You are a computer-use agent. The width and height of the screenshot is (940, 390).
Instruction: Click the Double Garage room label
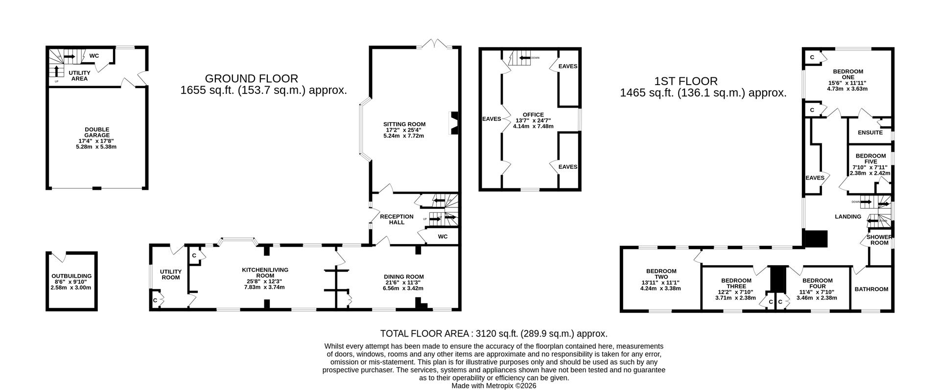(96, 133)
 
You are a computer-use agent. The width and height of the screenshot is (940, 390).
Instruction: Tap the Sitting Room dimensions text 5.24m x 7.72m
(403, 136)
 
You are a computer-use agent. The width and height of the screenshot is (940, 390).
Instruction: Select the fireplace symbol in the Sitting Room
(454, 123)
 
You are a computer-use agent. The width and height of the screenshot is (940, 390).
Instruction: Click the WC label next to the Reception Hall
(443, 237)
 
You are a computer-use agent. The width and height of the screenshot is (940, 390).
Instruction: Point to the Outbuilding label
(71, 276)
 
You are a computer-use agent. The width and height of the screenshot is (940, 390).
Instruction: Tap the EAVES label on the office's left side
(492, 119)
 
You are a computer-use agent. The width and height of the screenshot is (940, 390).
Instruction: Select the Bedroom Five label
(870, 159)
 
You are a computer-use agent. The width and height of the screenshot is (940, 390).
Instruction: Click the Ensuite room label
(870, 133)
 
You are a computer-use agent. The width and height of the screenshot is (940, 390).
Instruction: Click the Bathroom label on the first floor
(871, 289)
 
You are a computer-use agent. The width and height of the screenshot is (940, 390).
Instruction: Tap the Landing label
(847, 217)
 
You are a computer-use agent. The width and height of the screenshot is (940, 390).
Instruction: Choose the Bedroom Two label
(661, 274)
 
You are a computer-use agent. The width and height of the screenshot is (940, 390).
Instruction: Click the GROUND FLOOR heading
(251, 78)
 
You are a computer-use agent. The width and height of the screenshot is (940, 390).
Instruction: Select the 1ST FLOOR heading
(685, 81)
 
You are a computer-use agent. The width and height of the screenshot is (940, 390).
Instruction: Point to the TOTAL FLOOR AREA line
(493, 334)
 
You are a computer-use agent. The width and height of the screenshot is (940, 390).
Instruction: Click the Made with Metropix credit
(493, 386)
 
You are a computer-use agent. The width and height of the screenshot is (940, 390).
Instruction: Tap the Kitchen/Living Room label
(265, 273)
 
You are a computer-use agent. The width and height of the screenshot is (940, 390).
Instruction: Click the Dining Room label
(403, 277)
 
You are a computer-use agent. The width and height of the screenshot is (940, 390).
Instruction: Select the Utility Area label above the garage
(79, 75)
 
